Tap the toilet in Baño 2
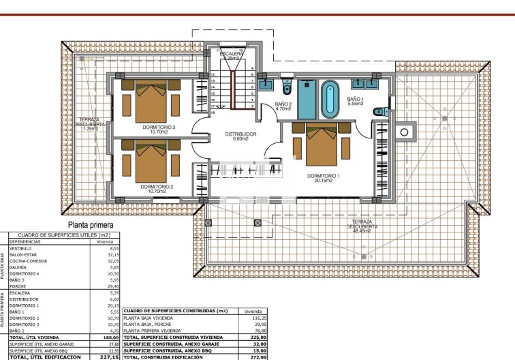click(287, 89)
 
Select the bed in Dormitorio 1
click(323, 144)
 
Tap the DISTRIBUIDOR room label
click(240, 134)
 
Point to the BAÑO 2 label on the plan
click(283, 104)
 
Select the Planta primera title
click(90, 224)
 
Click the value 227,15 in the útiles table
click(109, 357)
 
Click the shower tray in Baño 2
click(307, 100)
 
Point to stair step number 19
click(213, 113)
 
